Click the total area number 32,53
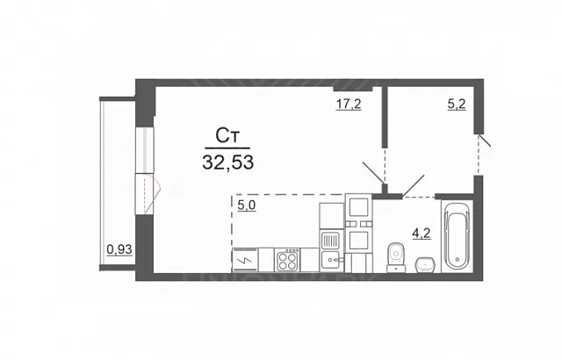(x=228, y=162)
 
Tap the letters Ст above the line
(x=227, y=136)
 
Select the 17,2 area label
(x=349, y=104)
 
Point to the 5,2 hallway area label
(x=457, y=104)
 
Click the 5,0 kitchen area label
(x=247, y=205)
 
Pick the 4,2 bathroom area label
(x=421, y=234)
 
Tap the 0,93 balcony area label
(x=119, y=249)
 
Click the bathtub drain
(x=457, y=259)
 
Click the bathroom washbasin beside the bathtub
(x=425, y=265)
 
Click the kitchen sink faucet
(x=336, y=259)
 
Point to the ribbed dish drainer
(x=330, y=241)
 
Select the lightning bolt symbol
(x=245, y=260)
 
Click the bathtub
(x=457, y=237)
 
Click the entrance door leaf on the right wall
(x=485, y=140)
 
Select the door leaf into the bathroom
(x=414, y=185)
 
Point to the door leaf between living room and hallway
(x=373, y=173)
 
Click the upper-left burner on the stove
(x=283, y=257)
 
